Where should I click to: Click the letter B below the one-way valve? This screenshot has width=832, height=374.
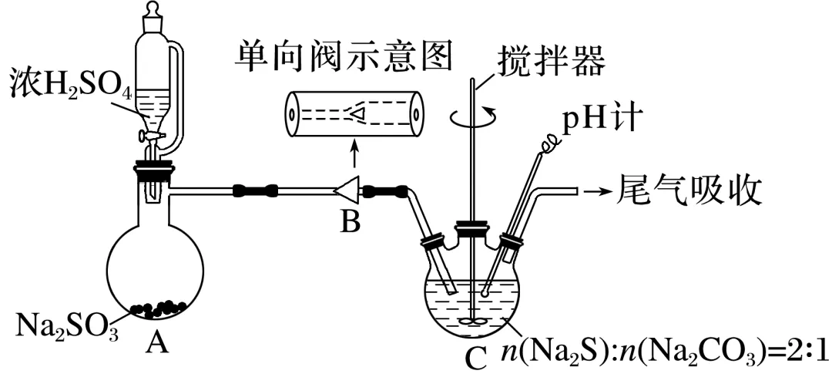point(351,223)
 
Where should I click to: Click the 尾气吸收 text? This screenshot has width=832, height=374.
point(689,188)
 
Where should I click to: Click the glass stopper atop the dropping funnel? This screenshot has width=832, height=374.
point(151,12)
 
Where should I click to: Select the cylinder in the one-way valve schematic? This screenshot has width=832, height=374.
point(354,114)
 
